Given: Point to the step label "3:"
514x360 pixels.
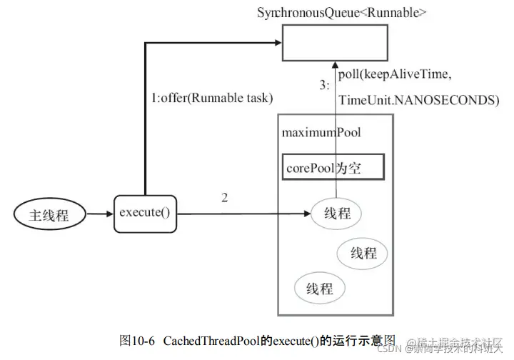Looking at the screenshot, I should (324, 84).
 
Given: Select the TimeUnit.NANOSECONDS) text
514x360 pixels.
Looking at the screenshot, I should (418, 101).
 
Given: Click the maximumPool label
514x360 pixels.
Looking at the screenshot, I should (321, 132).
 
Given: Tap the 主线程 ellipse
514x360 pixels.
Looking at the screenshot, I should (49, 214).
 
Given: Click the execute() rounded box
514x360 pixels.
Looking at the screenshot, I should (145, 212).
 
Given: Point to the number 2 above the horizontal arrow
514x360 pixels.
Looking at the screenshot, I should (225, 198).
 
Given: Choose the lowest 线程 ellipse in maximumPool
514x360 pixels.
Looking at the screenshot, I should (320, 288).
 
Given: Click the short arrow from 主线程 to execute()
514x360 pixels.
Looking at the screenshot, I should (99, 213).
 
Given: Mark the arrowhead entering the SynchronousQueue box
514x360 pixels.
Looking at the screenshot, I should (274, 43).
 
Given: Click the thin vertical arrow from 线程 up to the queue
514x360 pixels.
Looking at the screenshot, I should (336, 129).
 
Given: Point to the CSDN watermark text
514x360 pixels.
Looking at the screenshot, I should (390, 349).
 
